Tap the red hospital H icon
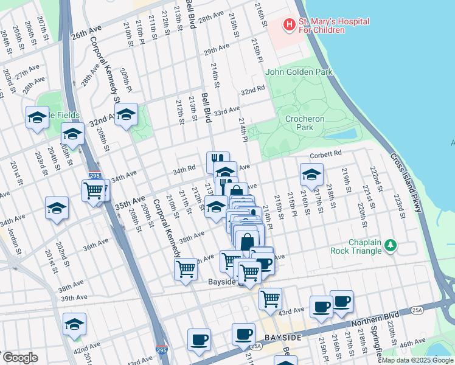point(290,24)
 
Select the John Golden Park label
point(299,72)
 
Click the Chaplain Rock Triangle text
point(356,246)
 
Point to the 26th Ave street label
point(86,35)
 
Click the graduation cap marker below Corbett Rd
point(311,175)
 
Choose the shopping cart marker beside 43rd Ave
point(270,298)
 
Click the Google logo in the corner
point(20,358)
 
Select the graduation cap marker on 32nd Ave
point(126,114)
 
